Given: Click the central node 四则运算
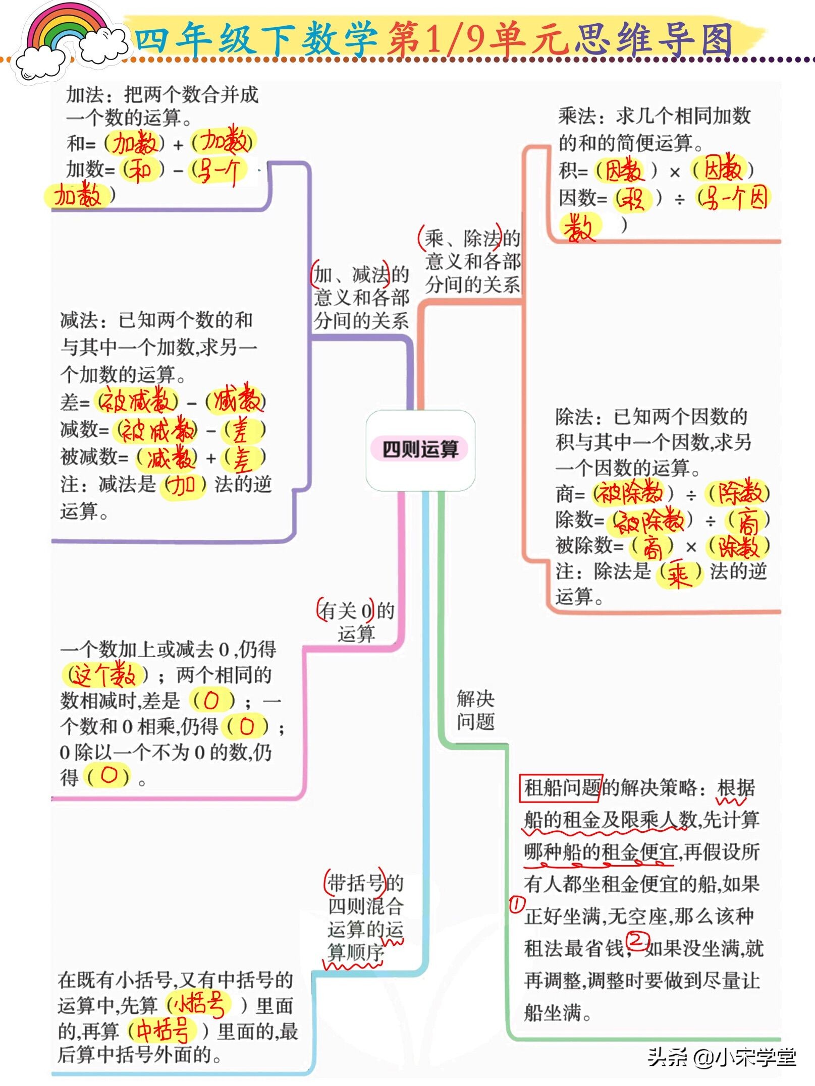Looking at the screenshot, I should click(x=420, y=449).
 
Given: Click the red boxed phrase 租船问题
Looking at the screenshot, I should click(x=561, y=787).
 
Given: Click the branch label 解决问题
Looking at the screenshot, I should click(x=475, y=710).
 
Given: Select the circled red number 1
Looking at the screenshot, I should click(x=516, y=904).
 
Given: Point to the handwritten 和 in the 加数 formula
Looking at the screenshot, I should click(x=141, y=170).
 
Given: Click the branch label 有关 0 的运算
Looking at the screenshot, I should click(x=356, y=622).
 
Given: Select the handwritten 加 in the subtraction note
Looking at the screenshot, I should click(x=182, y=485).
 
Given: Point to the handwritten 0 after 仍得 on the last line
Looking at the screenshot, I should click(x=108, y=775).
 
